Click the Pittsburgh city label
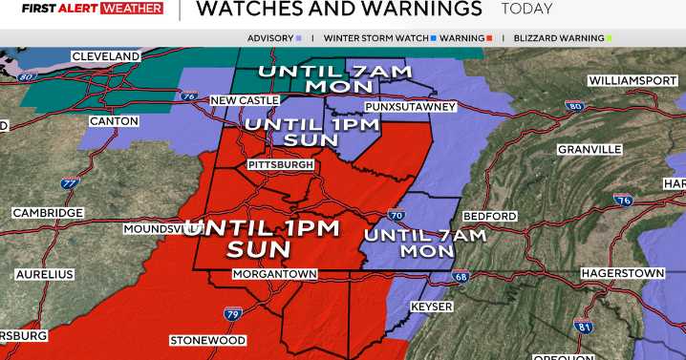click(281, 165)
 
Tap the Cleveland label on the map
click(106, 57)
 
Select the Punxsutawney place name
click(411, 107)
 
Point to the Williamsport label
click(632, 79)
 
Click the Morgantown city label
click(276, 274)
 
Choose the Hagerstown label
click(622, 273)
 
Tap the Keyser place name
click(431, 307)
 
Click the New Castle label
click(245, 100)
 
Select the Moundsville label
click(156, 229)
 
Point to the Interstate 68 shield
click(461, 278)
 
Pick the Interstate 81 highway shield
click(583, 327)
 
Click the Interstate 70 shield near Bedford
click(397, 217)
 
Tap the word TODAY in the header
click(526, 10)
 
